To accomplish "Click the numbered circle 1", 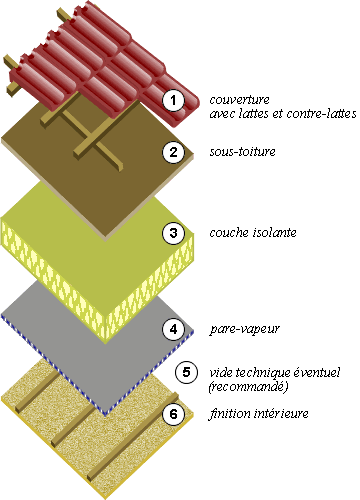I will [x=174, y=100].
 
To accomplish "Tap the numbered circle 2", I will [x=174, y=153].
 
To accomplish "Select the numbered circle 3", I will [x=174, y=234].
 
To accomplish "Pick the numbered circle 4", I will [x=174, y=328].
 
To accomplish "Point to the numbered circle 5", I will [x=187, y=373].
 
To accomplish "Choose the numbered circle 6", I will [x=174, y=413].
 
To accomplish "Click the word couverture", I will [x=239, y=99].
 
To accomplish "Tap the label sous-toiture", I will [x=242, y=152].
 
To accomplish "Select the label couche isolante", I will [x=252, y=234].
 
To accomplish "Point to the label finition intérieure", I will [x=258, y=413].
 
